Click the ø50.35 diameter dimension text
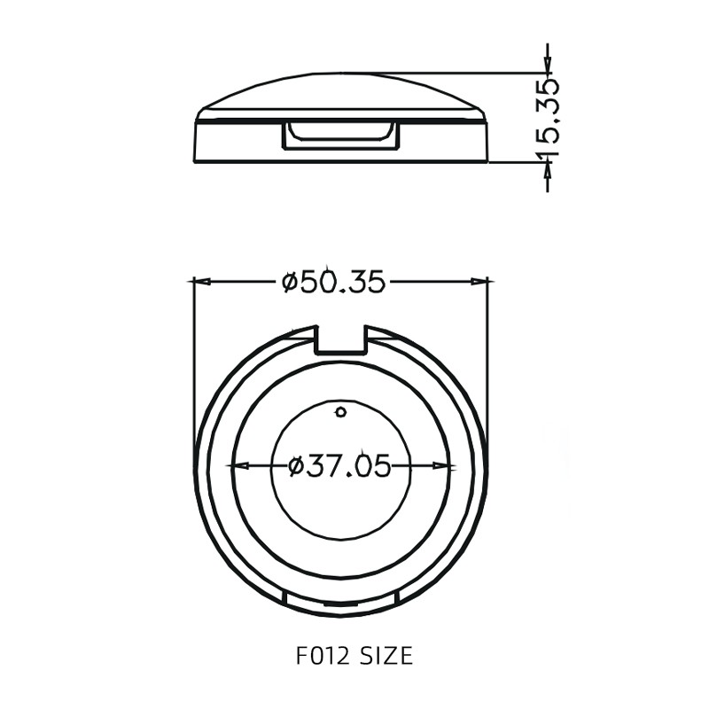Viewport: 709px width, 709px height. (333, 282)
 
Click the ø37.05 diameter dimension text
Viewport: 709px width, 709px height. (339, 465)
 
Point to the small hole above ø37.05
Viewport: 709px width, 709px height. (341, 410)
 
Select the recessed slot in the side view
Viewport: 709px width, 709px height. (341, 135)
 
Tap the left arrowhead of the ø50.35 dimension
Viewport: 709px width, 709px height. (200, 282)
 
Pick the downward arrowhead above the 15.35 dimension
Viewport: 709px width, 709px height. (548, 65)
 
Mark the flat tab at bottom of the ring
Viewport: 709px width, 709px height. (341, 605)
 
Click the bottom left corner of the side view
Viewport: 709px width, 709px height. (195, 162)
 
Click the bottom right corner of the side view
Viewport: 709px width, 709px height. (487, 162)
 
